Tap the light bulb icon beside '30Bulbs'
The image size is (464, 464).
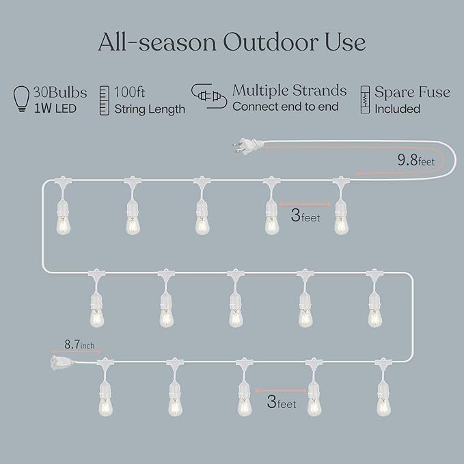pyautogui.click(x=22, y=100)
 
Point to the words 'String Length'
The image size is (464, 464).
pyautogui.click(x=150, y=109)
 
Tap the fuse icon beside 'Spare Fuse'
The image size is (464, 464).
pyautogui.click(x=365, y=100)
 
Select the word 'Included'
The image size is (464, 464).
pyautogui.click(x=397, y=109)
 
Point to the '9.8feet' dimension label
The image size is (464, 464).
pyautogui.click(x=416, y=161)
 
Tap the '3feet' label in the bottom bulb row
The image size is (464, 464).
pyautogui.click(x=282, y=403)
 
